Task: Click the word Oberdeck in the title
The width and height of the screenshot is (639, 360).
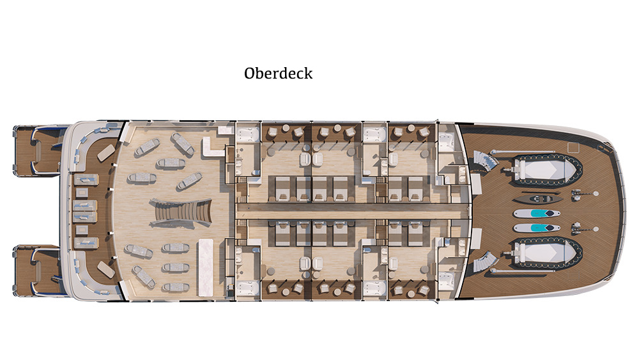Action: pyautogui.click(x=279, y=74)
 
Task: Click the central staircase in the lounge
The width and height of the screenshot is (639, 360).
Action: pyautogui.click(x=181, y=212)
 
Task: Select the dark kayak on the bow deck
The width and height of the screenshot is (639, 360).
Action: pyautogui.click(x=538, y=200)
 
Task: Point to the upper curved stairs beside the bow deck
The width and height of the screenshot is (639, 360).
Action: pyautogui.click(x=485, y=161)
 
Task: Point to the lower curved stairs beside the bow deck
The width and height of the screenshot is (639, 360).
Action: pyautogui.click(x=485, y=262)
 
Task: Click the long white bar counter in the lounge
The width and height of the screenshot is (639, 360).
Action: pyautogui.click(x=205, y=267)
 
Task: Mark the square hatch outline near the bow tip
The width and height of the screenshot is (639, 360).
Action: pyautogui.click(x=573, y=148)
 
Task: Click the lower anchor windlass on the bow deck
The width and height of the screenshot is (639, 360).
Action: pyautogui.click(x=578, y=228)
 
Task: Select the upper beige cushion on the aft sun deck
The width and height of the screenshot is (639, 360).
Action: pyautogui.click(x=105, y=152)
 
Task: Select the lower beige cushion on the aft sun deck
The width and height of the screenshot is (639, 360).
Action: pyautogui.click(x=105, y=269)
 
